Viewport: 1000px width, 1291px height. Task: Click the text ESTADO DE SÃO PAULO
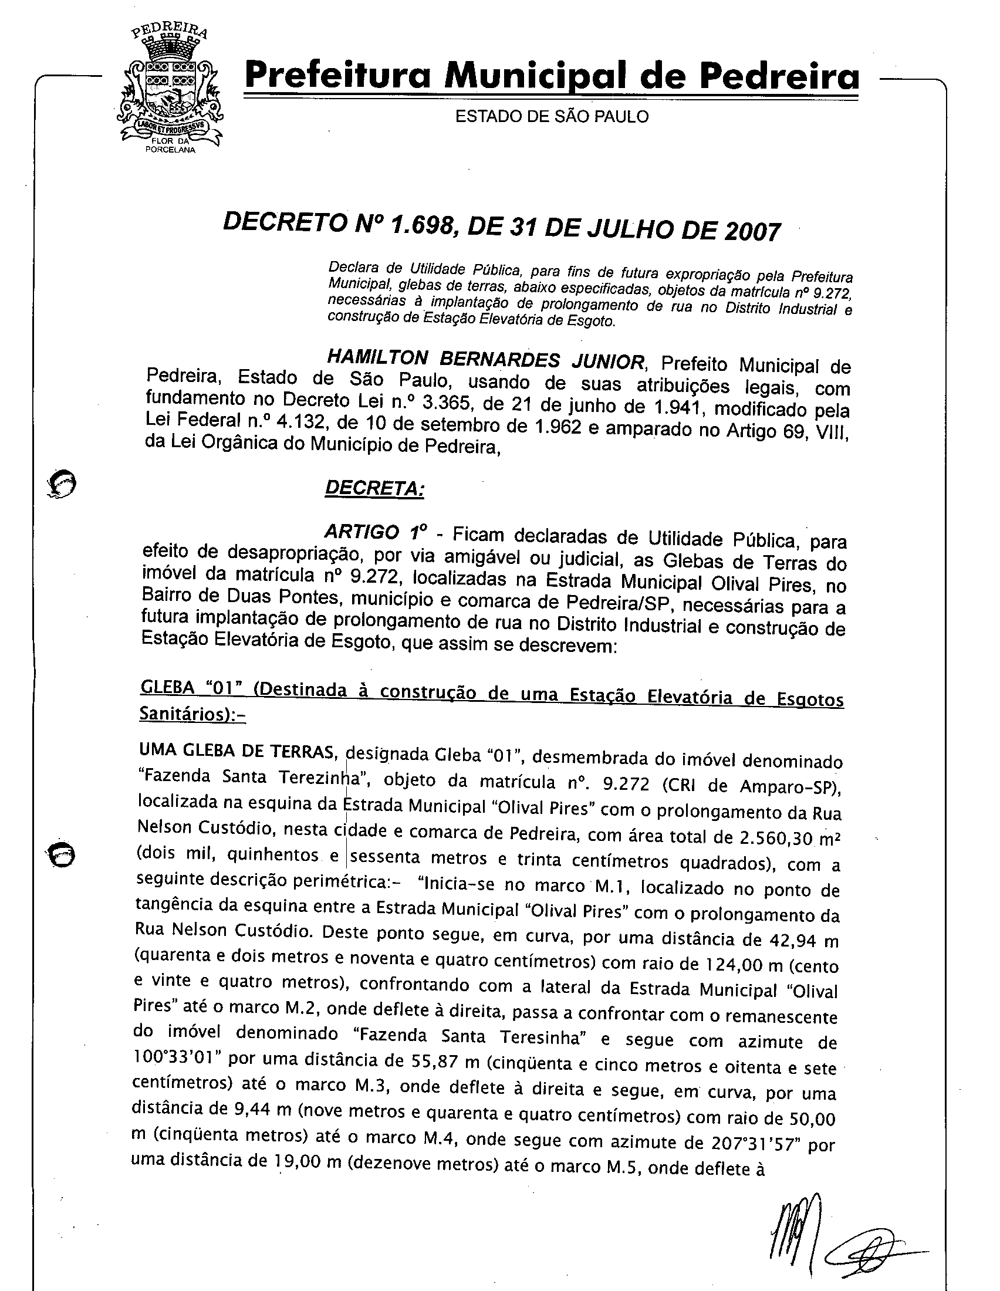tap(552, 117)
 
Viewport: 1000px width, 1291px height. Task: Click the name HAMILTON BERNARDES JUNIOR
tap(485, 359)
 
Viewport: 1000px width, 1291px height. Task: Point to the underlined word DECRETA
tap(374, 489)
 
